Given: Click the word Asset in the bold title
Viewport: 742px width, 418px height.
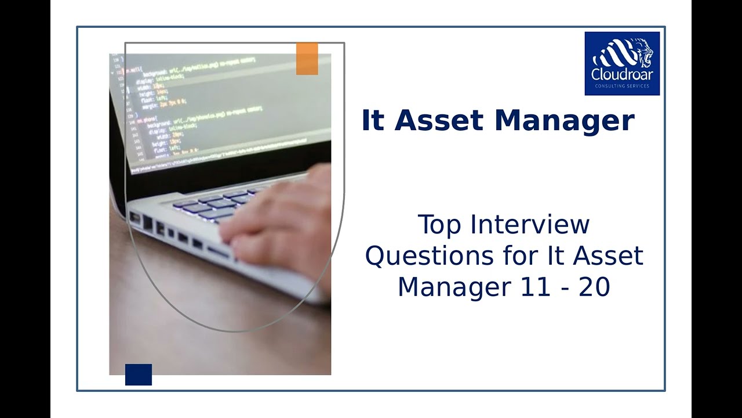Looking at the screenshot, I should pos(438,121).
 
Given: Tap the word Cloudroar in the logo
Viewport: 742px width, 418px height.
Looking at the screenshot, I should pos(622,75).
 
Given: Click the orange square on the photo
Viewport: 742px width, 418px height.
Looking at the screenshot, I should pos(307,59).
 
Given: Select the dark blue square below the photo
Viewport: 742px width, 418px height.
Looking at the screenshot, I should pos(139,374).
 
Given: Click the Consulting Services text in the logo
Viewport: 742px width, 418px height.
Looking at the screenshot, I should pos(622,87).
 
